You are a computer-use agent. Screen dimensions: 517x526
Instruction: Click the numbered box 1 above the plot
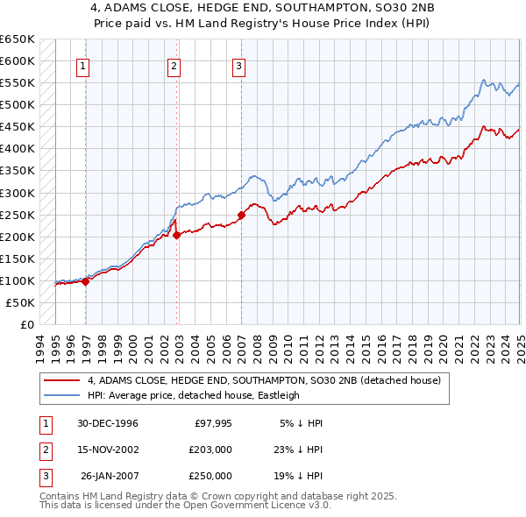(82, 64)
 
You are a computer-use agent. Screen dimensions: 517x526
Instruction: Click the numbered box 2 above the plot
(174, 64)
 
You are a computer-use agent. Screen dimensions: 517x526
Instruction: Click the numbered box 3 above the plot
(238, 64)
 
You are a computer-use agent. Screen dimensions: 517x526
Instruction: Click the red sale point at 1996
(86, 281)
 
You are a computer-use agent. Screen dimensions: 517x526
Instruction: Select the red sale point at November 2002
(177, 235)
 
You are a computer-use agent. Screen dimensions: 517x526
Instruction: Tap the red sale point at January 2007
(241, 214)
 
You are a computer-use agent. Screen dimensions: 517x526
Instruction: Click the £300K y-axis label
(18, 193)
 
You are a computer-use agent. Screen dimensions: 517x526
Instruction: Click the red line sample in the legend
(62, 380)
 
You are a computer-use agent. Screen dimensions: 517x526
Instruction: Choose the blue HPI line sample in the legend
(62, 395)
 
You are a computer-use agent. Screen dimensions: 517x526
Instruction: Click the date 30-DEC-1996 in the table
(108, 423)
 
